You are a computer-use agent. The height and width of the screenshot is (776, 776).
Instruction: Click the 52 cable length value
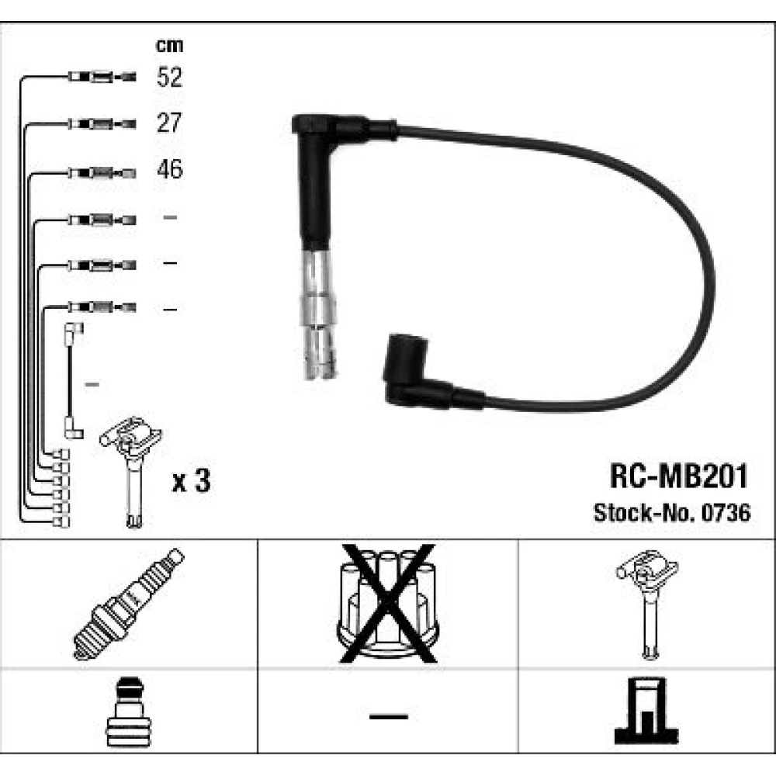170,77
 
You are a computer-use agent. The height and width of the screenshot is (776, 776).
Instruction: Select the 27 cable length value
169,123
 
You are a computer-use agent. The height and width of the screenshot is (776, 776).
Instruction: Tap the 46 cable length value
170,169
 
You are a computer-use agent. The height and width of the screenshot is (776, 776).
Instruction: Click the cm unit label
170,46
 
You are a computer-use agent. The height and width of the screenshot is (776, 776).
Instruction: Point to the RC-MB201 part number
679,476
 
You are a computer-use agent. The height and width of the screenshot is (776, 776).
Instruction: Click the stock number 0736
726,513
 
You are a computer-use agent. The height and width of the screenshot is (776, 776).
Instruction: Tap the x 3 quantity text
191,480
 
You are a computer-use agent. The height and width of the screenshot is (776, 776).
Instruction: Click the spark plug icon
129,604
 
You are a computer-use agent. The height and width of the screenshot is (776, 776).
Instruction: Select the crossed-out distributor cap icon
388,603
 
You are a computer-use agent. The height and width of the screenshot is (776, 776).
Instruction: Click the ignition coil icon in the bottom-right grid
647,604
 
